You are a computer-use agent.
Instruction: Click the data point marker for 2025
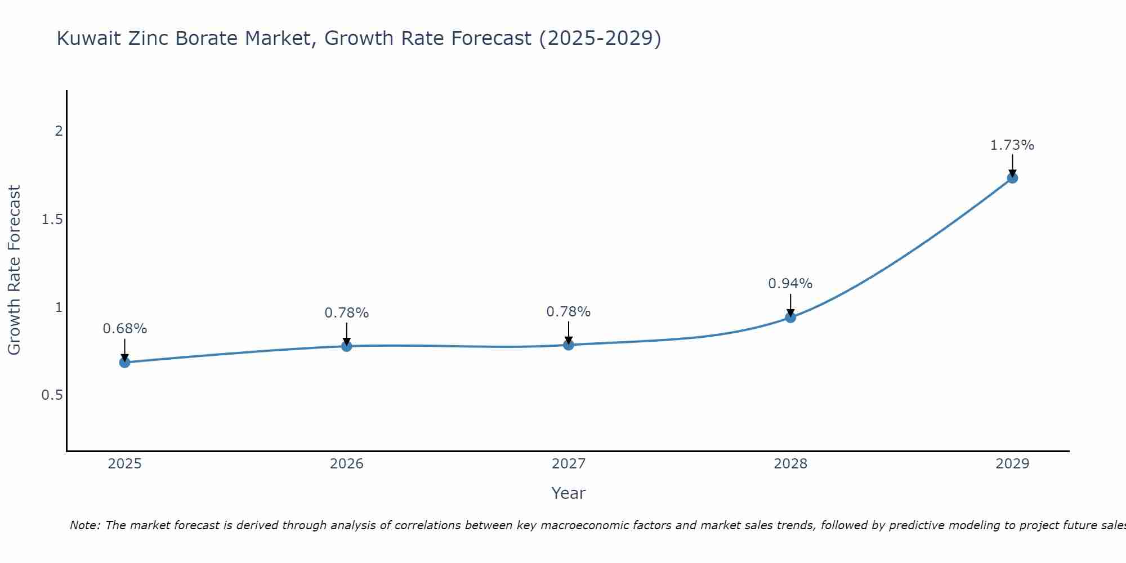click(x=125, y=362)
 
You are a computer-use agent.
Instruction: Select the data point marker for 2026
click(x=347, y=346)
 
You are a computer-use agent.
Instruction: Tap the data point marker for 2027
click(x=569, y=345)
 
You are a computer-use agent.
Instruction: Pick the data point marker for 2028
click(x=790, y=317)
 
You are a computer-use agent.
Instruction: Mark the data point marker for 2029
click(x=1012, y=178)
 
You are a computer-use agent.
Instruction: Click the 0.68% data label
click(x=125, y=329)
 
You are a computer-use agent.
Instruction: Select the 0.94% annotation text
click(x=790, y=284)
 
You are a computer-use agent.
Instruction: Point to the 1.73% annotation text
click(x=1012, y=145)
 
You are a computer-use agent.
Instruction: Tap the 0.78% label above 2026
click(x=347, y=313)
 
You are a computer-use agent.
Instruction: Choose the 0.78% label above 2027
click(x=569, y=312)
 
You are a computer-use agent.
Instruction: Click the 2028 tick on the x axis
click(x=790, y=464)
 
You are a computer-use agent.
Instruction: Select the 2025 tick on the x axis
click(x=125, y=464)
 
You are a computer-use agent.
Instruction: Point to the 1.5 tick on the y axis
click(x=52, y=219)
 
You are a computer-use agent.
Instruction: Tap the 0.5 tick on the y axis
click(x=52, y=395)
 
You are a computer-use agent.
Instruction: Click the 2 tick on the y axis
click(x=59, y=131)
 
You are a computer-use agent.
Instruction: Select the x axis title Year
click(x=569, y=493)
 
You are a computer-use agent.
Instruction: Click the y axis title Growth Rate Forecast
click(x=15, y=270)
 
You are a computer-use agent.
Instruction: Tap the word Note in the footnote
click(x=84, y=525)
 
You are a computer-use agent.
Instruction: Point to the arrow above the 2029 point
click(x=1012, y=164)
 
